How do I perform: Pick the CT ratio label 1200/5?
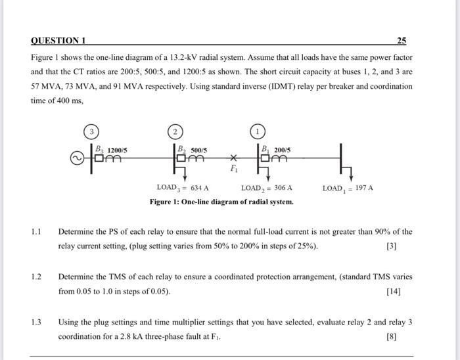pyautogui.click(x=117, y=150)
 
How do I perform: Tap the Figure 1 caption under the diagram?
pyautogui.click(x=221, y=202)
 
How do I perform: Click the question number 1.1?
pyautogui.click(x=36, y=232)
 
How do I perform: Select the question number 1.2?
pyautogui.click(x=36, y=277)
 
